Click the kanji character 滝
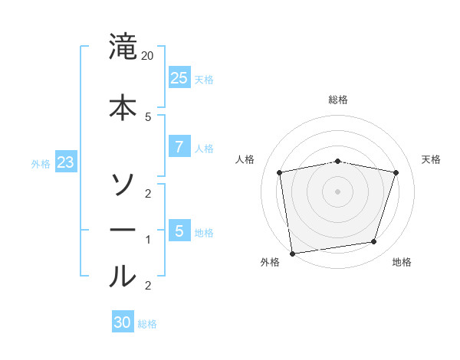pos(123,47)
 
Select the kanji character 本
pos(123,106)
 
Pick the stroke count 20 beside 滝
pos(148,57)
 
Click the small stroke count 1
pos(148,240)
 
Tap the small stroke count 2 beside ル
pos(148,286)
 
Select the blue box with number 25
pos(179,77)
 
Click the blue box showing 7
pos(179,147)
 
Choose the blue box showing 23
pos(65,162)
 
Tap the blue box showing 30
pos(122,322)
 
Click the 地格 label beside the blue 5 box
pos(204,232)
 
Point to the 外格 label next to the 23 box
pos(41,163)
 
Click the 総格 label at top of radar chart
pos(338,100)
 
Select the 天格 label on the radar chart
pos(432,159)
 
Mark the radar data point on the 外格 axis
pos(292,253)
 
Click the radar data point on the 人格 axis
pos(280,172)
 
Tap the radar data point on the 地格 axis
pos(374,242)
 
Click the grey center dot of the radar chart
pos(337,191)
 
